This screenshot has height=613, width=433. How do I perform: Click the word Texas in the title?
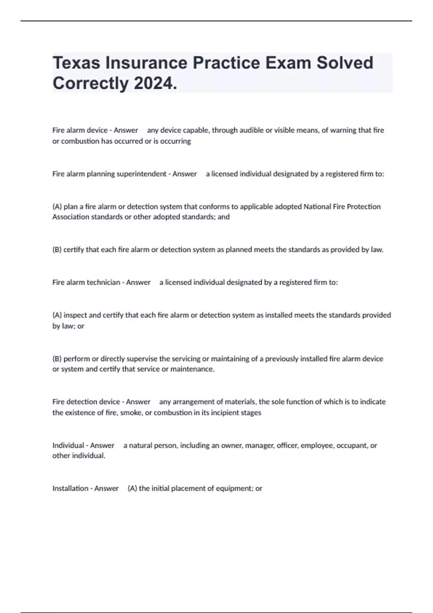(76, 63)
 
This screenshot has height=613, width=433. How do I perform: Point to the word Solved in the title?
(345, 63)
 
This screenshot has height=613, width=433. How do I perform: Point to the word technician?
(103, 282)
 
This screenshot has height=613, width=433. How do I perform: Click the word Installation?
(70, 488)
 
